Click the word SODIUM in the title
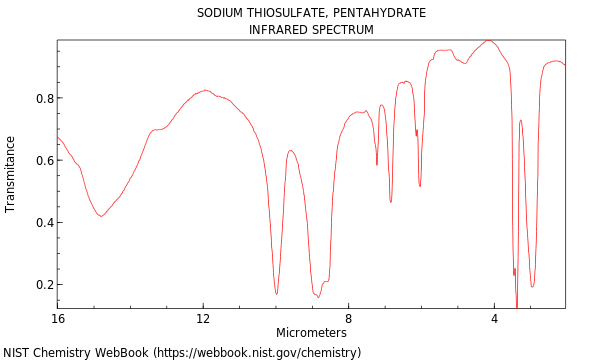tap(221, 13)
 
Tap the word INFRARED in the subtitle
tap(278, 30)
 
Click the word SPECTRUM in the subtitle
tap(341, 30)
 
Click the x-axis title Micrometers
tap(311, 333)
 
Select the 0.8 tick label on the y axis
tap(43, 98)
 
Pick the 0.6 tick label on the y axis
tap(43, 160)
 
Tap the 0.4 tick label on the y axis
tap(43, 222)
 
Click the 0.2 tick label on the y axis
tap(43, 284)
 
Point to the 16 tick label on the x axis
tap(58, 318)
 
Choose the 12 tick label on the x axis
tap(203, 318)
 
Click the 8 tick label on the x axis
tap(349, 318)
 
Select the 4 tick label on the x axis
tap(494, 318)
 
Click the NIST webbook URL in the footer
tap(257, 352)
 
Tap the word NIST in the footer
tap(17, 352)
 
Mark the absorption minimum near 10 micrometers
tap(277, 294)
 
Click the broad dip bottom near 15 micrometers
tap(101, 216)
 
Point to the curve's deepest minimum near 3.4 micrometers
tap(517, 305)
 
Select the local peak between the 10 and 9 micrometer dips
tap(290, 151)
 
